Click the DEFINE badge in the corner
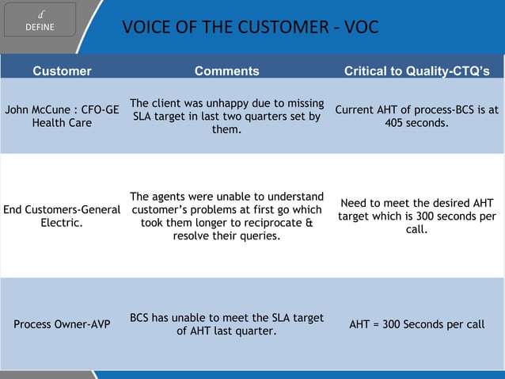pos(39,20)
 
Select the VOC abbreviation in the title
pos(361,29)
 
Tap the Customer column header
pos(62,71)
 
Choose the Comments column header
pos(226,71)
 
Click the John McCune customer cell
pos(62,117)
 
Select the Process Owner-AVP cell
pos(62,324)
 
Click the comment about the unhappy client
pos(226,116)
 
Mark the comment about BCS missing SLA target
pos(226,324)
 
